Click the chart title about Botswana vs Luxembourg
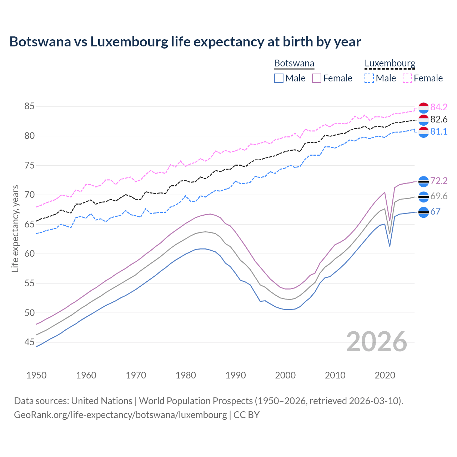coord(185,42)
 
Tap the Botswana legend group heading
coord(294,64)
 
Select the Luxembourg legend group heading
coord(390,64)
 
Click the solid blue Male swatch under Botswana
coord(279,78)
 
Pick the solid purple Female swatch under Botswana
coord(317,78)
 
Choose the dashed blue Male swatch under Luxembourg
coord(369,78)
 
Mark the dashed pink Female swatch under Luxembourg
coord(407,78)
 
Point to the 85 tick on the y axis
coord(30,106)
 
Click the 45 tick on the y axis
coord(30,342)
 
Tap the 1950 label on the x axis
coord(36,375)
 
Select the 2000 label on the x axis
coord(285,375)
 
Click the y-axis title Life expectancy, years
coord(15,228)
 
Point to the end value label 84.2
coord(439,107)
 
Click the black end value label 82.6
coord(439,119)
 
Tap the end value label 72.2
coord(439,181)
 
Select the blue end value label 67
coord(435,211)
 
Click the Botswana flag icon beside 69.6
coord(423,197)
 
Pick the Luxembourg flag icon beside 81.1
coord(423,132)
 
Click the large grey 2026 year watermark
coord(376,342)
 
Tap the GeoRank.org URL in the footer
coord(120,415)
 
